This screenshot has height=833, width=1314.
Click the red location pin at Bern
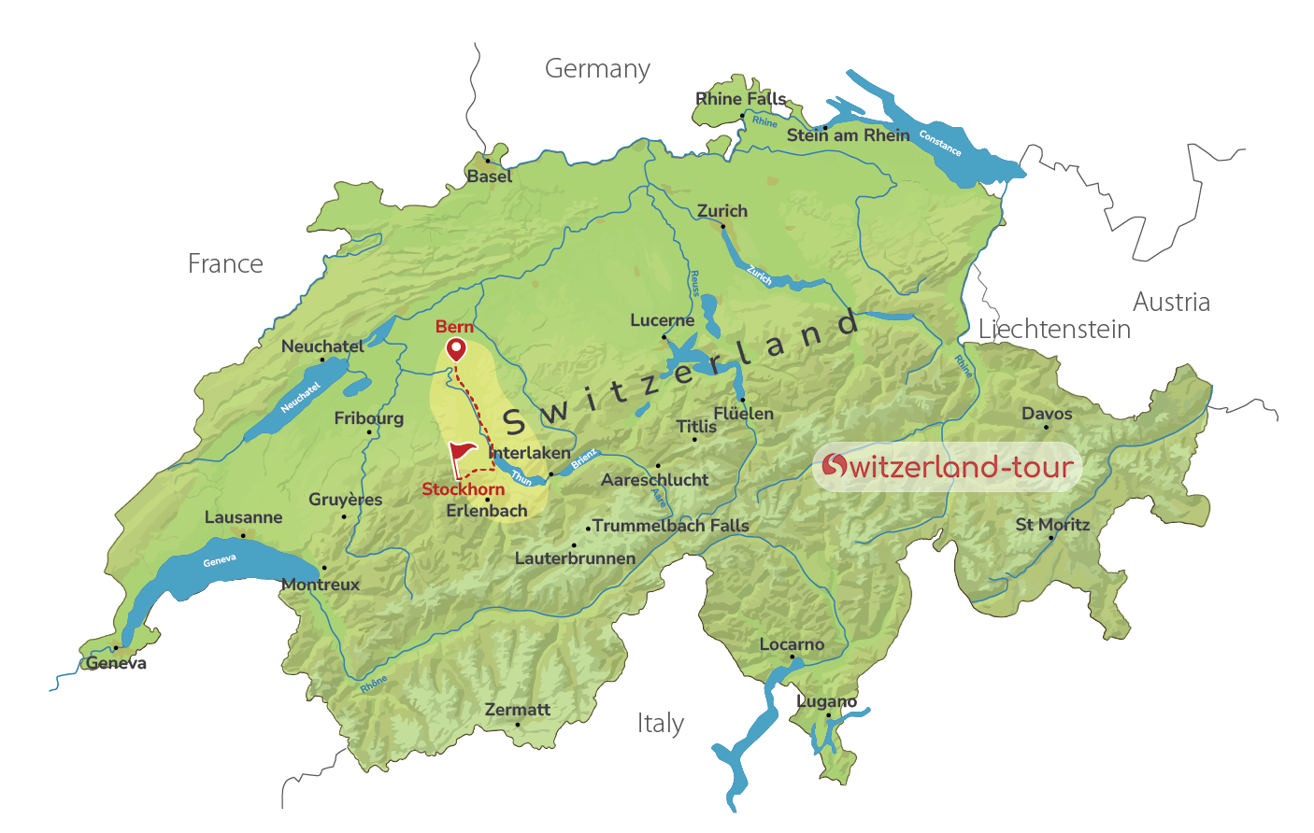[x=456, y=350]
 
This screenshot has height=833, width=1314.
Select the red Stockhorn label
[x=463, y=489]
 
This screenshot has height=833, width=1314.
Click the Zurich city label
[x=722, y=211]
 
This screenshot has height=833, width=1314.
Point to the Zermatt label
[x=517, y=710]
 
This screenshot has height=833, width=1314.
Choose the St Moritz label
[x=1052, y=525]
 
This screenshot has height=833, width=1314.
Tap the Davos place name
[x=1047, y=414]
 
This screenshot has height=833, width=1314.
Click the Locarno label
[x=792, y=644]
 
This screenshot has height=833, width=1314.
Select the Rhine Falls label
[x=741, y=99]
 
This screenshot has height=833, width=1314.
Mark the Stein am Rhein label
[x=848, y=135]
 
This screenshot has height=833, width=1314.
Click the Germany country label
[x=597, y=69]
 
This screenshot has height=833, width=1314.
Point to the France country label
[x=225, y=264]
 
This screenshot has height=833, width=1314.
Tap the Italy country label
[x=661, y=724]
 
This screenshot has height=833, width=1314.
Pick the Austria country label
[x=1171, y=303]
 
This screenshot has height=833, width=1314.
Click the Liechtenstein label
[x=1054, y=330]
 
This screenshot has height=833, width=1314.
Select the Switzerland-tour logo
[x=947, y=467]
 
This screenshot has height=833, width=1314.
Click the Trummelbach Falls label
[x=670, y=526]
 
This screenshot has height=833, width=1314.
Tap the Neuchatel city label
[x=322, y=346]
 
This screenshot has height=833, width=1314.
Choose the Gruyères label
[x=345, y=500]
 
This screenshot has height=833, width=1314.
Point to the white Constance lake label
[x=940, y=143]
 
